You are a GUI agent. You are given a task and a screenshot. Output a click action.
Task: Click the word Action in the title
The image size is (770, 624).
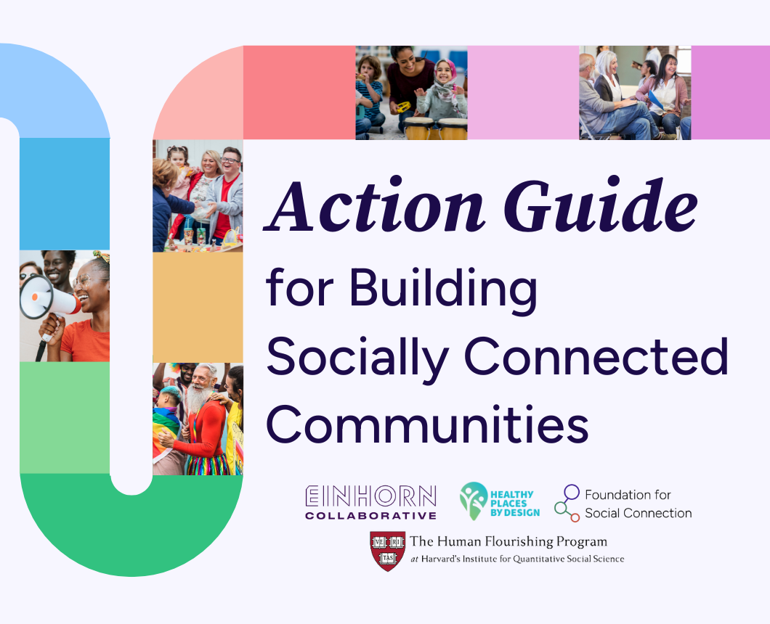(375, 207)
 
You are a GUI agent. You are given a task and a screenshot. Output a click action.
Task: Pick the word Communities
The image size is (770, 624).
(427, 424)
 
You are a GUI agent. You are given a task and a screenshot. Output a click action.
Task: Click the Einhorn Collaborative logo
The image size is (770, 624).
(370, 502)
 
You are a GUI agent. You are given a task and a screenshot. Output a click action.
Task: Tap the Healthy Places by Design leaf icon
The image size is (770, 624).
(474, 501)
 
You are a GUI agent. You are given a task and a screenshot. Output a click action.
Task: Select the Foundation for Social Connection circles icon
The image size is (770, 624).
(567, 503)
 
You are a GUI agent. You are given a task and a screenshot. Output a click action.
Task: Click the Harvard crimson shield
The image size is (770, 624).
(388, 551)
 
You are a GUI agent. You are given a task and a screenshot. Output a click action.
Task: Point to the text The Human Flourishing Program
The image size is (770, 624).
(508, 541)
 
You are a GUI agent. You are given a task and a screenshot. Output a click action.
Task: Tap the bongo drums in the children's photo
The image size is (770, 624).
(435, 128)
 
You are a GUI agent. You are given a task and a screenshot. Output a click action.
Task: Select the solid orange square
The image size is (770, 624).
(198, 308)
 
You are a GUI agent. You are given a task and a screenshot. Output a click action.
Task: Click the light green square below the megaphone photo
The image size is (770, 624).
(65, 417)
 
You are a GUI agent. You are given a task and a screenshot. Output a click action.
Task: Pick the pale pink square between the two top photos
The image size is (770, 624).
(524, 93)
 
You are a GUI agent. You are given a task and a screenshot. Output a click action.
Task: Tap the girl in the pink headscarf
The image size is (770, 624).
(442, 91)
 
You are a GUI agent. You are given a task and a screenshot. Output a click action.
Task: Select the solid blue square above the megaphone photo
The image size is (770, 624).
(65, 194)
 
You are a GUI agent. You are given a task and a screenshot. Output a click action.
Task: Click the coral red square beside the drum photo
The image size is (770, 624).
(299, 93)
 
